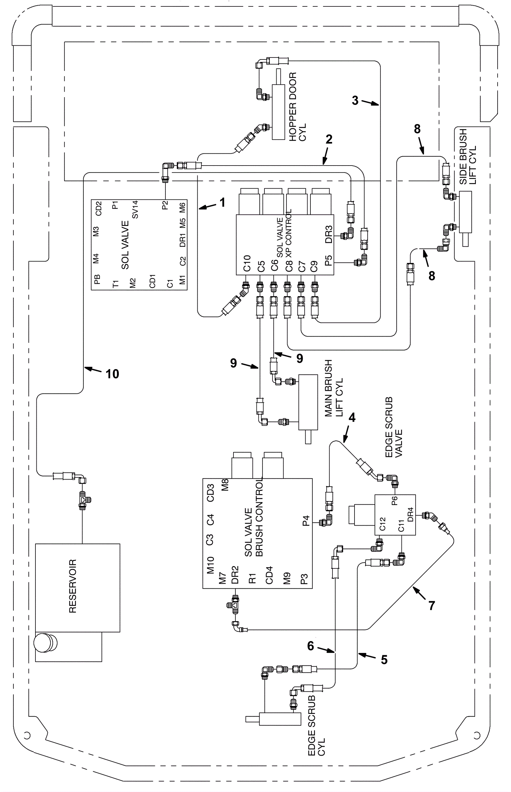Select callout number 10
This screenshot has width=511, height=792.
(112, 374)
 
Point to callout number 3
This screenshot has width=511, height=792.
(355, 100)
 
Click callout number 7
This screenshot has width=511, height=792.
(431, 605)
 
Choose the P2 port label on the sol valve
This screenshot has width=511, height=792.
(165, 205)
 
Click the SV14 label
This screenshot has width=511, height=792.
(135, 210)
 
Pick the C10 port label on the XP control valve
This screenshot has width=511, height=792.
(247, 263)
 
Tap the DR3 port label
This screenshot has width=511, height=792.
(329, 235)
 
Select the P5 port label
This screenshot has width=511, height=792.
(329, 261)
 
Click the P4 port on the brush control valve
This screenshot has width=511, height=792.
(306, 520)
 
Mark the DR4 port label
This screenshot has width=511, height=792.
(410, 514)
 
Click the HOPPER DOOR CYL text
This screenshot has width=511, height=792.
(297, 107)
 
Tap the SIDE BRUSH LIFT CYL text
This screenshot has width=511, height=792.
(468, 157)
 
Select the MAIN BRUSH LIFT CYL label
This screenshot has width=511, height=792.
(333, 388)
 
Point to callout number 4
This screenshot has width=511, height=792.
(352, 417)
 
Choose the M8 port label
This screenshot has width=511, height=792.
(225, 485)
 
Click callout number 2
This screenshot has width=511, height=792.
(329, 139)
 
